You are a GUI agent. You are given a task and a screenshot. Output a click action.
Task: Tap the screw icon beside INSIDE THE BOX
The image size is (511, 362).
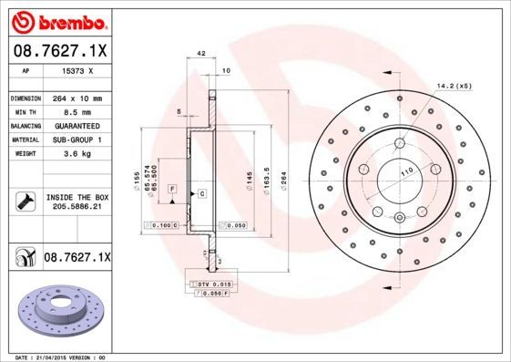(24, 201)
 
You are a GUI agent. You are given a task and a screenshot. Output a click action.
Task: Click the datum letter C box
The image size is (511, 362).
(202, 194)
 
